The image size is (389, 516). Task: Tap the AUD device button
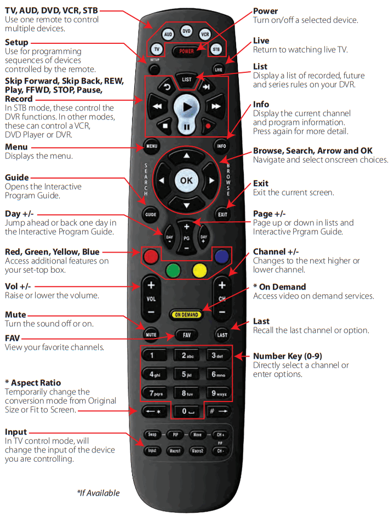pyautogui.click(x=168, y=34)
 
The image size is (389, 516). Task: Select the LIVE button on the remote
pyautogui.click(x=219, y=70)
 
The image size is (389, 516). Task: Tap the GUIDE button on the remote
pyautogui.click(x=151, y=214)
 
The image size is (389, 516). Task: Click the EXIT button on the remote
pyautogui.click(x=222, y=214)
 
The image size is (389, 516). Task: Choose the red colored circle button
pyautogui.click(x=150, y=256)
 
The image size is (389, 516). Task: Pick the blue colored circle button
pyautogui.click(x=222, y=256)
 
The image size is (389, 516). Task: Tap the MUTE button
pyautogui.click(x=151, y=334)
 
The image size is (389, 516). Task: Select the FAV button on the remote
pyautogui.click(x=186, y=334)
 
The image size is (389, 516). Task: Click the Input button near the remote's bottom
pyautogui.click(x=152, y=451)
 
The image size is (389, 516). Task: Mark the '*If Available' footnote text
pyautogui.click(x=98, y=493)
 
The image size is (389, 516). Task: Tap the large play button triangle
pyautogui.click(x=187, y=107)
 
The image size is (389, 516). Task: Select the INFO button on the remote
pyautogui.click(x=222, y=146)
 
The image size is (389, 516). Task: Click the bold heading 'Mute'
pyautogui.click(x=15, y=315)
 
